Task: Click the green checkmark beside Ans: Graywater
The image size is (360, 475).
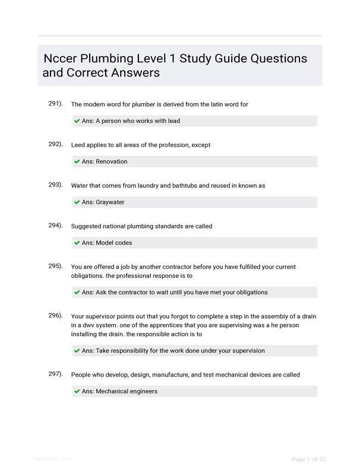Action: coord(77,202)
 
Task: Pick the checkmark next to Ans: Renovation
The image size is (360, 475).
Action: coord(77,161)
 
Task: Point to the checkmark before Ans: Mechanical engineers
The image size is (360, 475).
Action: coord(77,391)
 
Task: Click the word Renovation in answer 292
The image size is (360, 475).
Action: coord(111,161)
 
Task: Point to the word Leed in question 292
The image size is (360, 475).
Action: coord(78,145)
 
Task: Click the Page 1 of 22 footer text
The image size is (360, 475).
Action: coord(309,459)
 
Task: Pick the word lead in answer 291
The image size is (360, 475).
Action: coord(173,121)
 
